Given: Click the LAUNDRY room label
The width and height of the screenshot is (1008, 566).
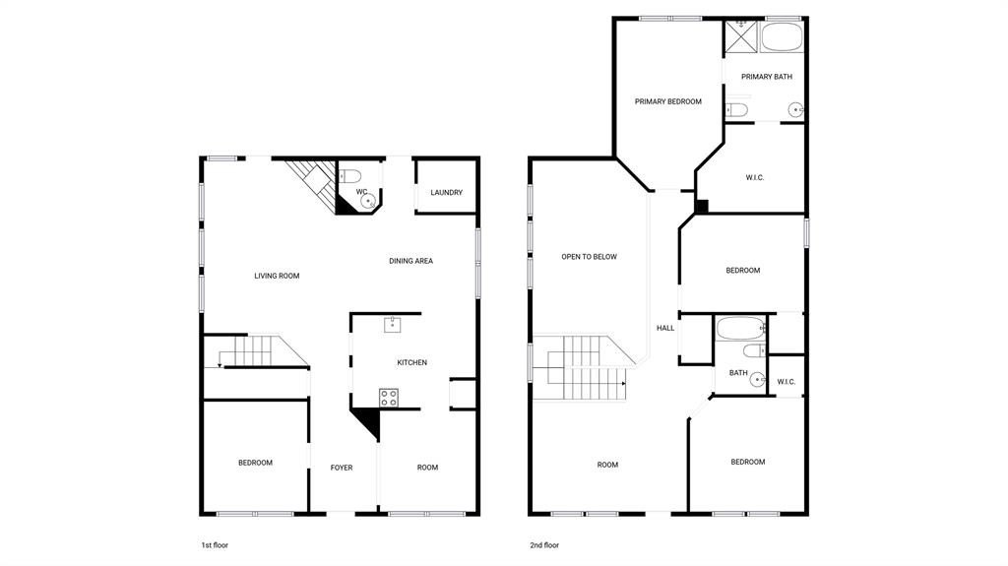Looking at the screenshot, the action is tap(446, 192).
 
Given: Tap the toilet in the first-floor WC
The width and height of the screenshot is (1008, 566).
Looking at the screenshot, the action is tap(349, 175).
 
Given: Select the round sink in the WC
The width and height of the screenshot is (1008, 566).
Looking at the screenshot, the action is tap(368, 202).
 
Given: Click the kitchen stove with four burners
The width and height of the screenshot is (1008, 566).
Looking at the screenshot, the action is tap(388, 398).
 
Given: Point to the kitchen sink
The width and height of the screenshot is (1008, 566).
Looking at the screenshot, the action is tap(392, 324).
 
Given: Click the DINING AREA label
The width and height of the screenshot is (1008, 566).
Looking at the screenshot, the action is tap(410, 261).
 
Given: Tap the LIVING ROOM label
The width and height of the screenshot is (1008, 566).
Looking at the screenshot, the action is tap(277, 276).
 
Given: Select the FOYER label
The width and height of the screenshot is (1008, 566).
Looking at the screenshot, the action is tap(342, 468).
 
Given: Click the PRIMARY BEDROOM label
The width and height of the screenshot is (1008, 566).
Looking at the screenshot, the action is tap(668, 101).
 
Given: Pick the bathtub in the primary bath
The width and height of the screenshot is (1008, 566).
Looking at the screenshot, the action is tap(782, 36).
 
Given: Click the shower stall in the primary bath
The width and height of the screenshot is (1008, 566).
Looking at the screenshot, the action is tap(740, 36).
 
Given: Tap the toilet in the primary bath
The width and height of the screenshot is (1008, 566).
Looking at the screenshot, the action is tap(736, 110).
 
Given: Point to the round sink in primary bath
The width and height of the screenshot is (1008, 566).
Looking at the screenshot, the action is tap(795, 110).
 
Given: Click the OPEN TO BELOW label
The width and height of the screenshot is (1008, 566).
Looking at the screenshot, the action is tap(589, 257).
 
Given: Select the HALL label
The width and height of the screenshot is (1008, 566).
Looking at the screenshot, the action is tap(665, 328).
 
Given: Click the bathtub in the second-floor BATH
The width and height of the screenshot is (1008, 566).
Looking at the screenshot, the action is tap(740, 329).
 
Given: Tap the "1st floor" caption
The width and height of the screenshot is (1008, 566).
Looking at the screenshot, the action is tap(215, 545).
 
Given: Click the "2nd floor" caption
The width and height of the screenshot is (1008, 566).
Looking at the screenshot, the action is tap(544, 545).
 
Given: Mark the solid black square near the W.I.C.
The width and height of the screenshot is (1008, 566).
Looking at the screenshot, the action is tap(701, 207).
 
